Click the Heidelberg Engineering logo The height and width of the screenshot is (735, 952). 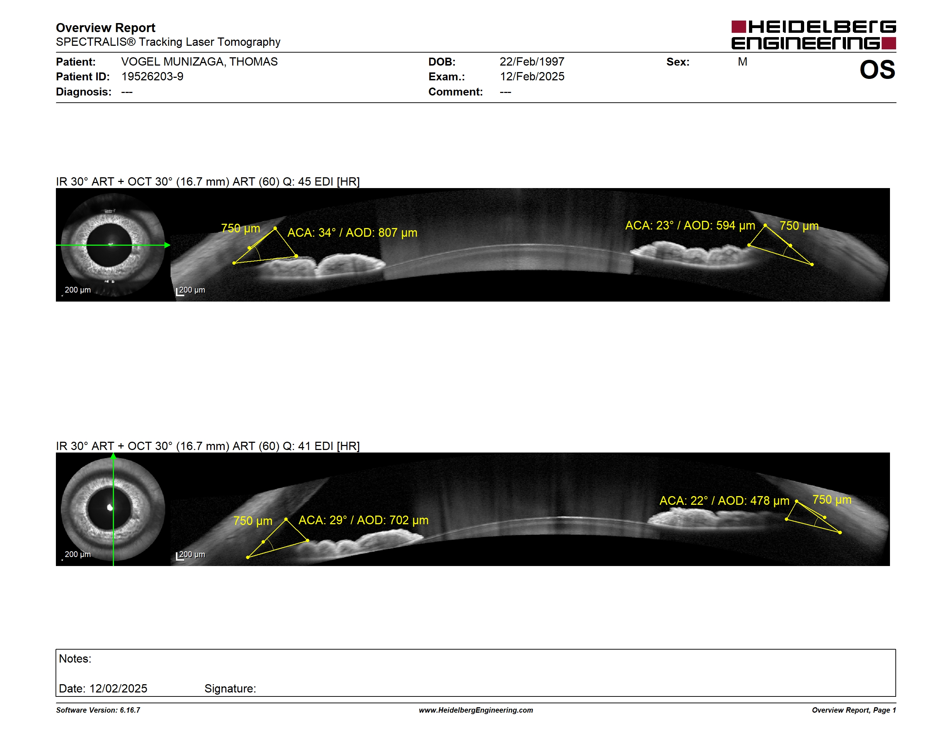814,35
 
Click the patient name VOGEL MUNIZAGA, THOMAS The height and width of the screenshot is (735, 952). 199,62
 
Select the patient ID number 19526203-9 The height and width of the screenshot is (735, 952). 152,77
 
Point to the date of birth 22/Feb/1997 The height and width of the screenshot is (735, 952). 532,62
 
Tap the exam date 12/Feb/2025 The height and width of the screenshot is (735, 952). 532,77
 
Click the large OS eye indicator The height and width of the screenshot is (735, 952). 877,70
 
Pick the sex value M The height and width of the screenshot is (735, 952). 742,62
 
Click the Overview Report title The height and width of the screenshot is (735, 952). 106,28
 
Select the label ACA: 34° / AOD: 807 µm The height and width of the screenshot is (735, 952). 352,232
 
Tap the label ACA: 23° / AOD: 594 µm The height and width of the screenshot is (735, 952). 690,226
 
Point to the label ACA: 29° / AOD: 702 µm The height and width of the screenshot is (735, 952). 363,520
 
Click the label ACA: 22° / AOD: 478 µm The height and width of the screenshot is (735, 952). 724,501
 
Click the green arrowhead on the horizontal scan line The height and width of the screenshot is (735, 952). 167,245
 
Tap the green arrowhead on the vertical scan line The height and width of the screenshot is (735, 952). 113,456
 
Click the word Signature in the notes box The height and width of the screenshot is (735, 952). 230,689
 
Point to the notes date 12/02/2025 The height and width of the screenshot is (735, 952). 118,689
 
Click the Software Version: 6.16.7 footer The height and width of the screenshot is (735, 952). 98,710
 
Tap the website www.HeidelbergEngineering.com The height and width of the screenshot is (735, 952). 476,710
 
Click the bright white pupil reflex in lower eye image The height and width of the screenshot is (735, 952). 110,507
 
